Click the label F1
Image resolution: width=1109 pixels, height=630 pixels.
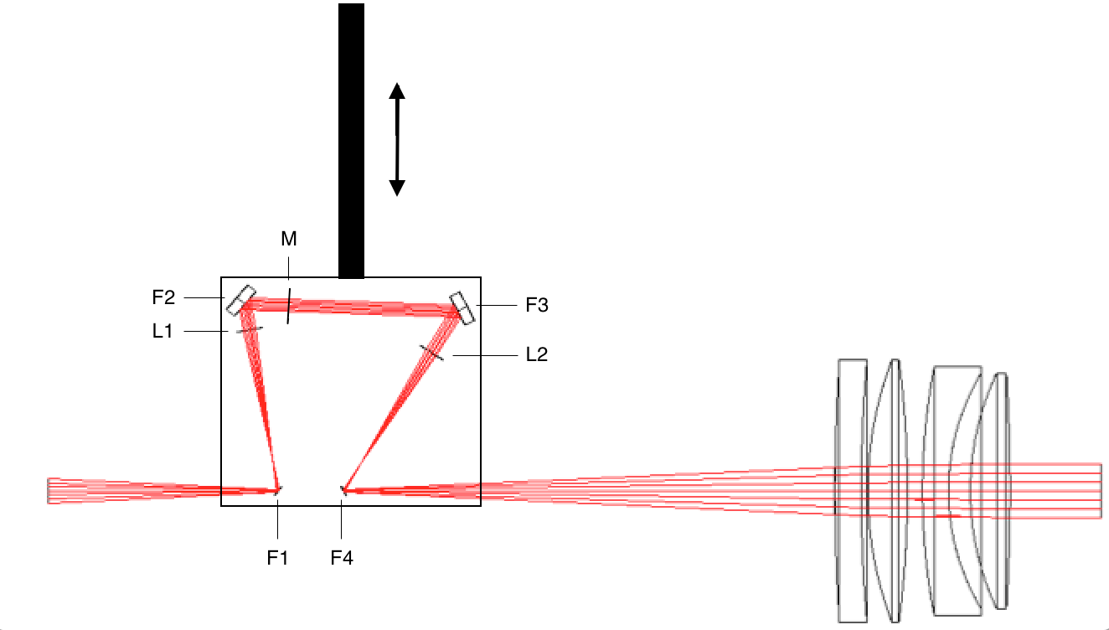point(277,557)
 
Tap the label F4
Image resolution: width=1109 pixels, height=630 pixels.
point(342,557)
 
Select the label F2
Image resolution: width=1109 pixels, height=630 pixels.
point(163,297)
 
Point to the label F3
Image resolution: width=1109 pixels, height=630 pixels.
point(536,306)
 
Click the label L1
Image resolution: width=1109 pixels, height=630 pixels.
point(162,332)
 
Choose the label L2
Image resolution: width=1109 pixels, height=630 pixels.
point(536,354)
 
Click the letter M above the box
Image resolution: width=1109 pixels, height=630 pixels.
point(289,240)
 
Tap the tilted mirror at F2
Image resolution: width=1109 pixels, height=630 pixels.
point(240,300)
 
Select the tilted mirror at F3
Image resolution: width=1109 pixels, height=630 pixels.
point(462,307)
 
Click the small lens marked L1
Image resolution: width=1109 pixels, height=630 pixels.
point(249,330)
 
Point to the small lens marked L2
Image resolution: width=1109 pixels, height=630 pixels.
point(432,353)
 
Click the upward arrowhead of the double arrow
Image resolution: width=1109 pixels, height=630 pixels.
point(397,90)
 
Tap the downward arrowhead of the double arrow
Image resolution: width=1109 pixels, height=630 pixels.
point(397,188)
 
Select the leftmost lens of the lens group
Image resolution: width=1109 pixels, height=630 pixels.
point(851,490)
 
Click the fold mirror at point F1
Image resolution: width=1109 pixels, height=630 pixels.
point(277,490)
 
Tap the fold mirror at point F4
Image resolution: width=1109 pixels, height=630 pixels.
point(343,490)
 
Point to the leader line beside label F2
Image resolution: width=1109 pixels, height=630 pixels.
point(204,297)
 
